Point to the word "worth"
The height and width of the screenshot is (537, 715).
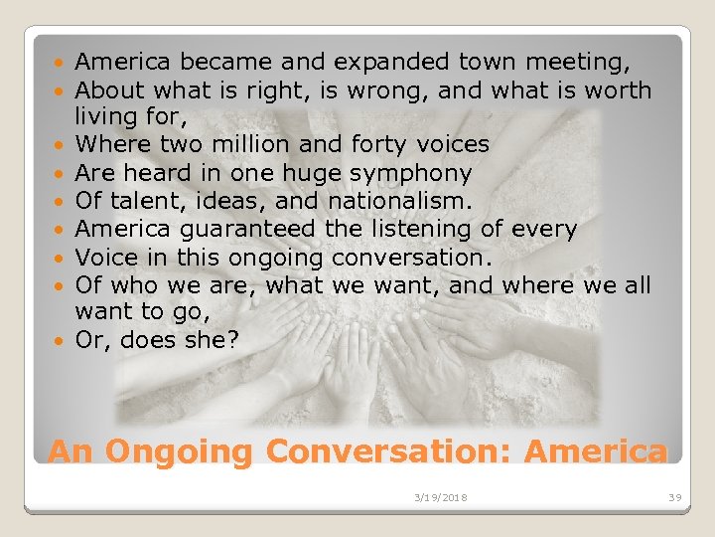pos(613,90)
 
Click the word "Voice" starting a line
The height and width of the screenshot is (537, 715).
pos(106,257)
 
